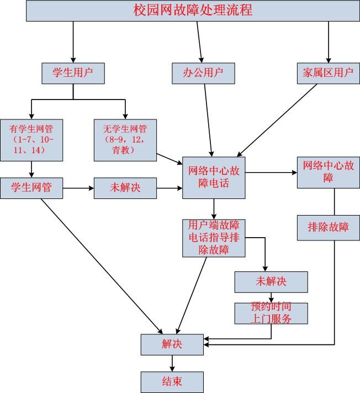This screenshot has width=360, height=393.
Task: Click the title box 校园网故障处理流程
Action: pos(193,11)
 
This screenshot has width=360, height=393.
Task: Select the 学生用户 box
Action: pos(73,73)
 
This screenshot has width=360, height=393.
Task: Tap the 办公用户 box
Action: pos(202,73)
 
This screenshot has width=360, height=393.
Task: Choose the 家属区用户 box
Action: pos(328,73)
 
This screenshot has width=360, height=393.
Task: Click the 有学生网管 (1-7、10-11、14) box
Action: pos(31,140)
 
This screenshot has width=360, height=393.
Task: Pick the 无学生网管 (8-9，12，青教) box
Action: pos(125,140)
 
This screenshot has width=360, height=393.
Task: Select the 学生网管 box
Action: pos(31,188)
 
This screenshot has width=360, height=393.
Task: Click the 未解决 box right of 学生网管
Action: pos(125,188)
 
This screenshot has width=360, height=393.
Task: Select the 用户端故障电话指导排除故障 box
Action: pos(214,238)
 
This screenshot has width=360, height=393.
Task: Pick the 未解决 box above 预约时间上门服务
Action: pos(271,282)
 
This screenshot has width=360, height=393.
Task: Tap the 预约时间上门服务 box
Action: pos(271,313)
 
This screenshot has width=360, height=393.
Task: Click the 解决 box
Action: pos(172,344)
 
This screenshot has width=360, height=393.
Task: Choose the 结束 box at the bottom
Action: pos(172,382)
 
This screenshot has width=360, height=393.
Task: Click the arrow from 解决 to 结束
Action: pos(172,363)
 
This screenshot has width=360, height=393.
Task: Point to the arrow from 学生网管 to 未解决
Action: pos(78,188)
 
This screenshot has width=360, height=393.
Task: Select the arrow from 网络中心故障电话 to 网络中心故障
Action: pos(271,172)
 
